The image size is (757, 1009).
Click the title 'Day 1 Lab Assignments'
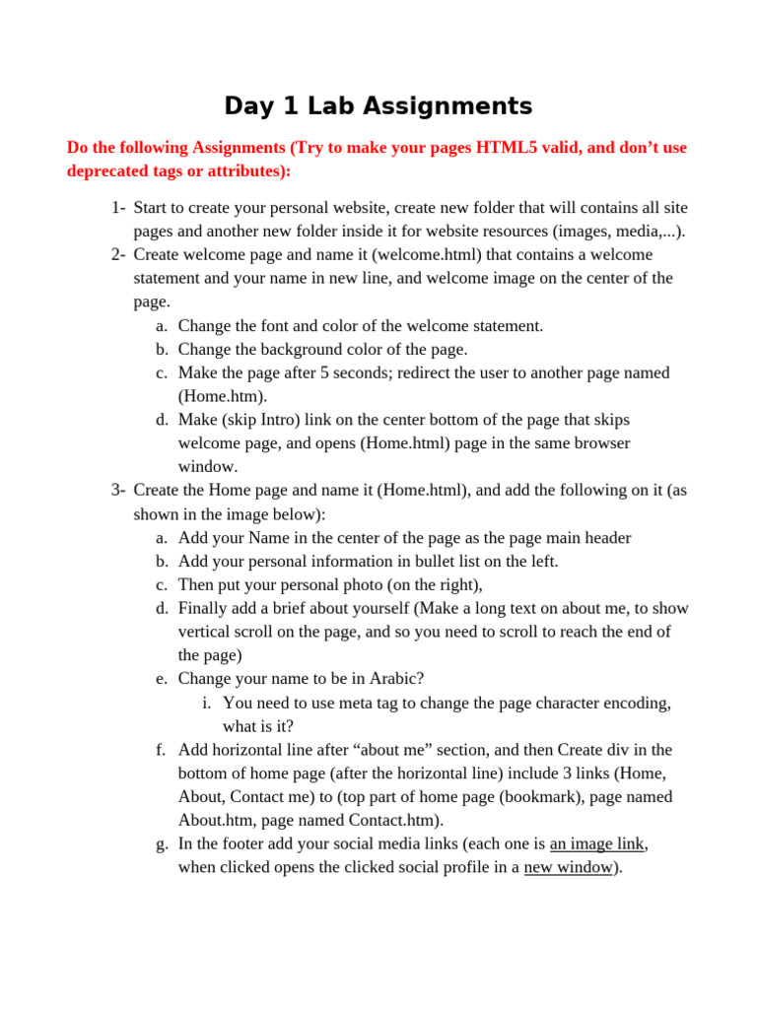(378, 106)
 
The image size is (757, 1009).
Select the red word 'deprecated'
(110, 171)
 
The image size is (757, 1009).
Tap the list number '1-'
(118, 208)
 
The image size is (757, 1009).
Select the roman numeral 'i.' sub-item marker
(206, 703)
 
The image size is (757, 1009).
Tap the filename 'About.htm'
(212, 821)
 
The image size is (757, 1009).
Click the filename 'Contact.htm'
(391, 821)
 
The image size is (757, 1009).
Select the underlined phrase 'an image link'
(598, 844)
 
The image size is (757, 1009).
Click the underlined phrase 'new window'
(568, 868)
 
